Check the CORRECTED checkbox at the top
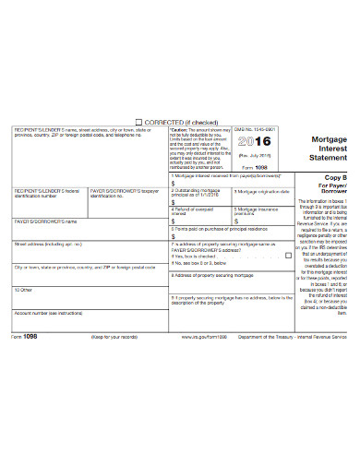139,121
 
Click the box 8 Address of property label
210,275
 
